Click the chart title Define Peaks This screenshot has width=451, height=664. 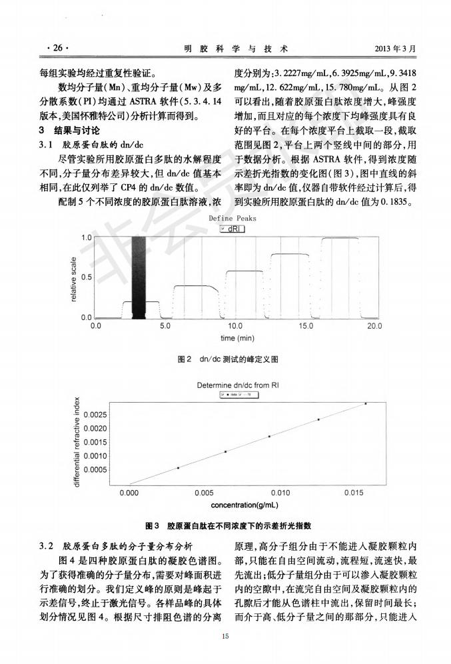click(232, 218)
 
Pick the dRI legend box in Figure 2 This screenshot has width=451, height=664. click(233, 228)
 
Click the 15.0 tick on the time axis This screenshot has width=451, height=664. click(306, 327)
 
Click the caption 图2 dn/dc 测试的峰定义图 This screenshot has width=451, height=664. click(228, 360)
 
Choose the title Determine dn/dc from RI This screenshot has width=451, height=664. click(238, 385)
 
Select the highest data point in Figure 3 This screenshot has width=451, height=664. click(365, 403)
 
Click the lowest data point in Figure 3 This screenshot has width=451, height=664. click(178, 468)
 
